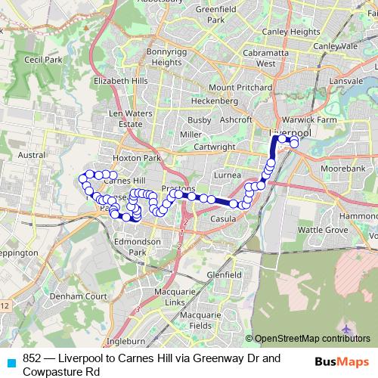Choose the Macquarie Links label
click(x=164, y=297)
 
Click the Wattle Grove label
click(x=322, y=228)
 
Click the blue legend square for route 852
click(x=11, y=362)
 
